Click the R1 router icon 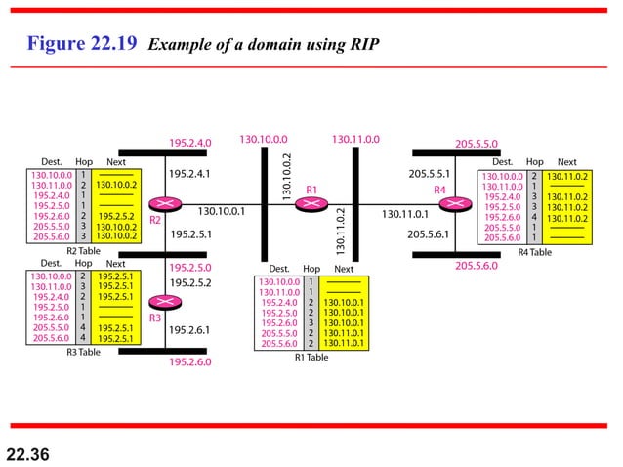click(x=311, y=203)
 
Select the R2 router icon click(x=160, y=204)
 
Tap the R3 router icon click(x=160, y=303)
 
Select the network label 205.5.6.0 click(x=477, y=265)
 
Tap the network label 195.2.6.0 click(x=189, y=361)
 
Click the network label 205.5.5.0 click(x=477, y=143)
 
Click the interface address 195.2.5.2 click(x=189, y=282)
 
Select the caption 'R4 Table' click(x=534, y=252)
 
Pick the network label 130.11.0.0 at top click(x=355, y=140)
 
